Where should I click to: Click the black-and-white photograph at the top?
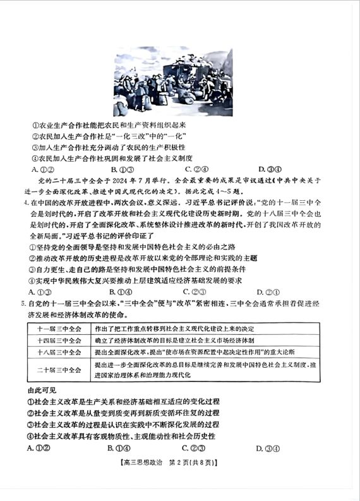pos(172,83)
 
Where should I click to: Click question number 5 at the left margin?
pos(25,303)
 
